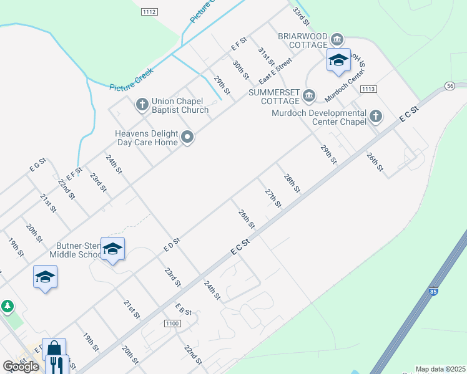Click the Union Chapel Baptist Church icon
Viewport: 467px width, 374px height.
[142, 103]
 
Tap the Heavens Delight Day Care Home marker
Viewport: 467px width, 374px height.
[187, 137]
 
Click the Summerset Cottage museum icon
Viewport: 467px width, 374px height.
[309, 95]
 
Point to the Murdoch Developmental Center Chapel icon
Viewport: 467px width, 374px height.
[375, 116]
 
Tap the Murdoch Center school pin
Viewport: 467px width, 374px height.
[338, 60]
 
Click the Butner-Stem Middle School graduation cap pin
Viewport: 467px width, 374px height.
[112, 249]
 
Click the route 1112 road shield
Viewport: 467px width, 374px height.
[149, 11]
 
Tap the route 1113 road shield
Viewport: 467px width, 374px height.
[368, 89]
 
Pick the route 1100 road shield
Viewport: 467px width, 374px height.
[173, 324]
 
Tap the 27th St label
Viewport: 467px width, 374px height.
[273, 198]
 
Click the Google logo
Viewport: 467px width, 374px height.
[21, 367]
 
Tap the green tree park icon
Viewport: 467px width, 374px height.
[7, 306]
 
